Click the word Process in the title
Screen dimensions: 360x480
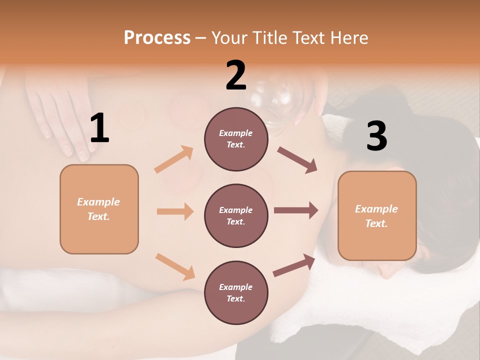(x=157, y=38)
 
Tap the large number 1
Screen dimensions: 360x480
(x=99, y=128)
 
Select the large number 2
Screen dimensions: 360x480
(x=236, y=75)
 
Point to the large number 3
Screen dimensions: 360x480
(x=376, y=136)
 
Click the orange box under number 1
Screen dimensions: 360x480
(x=99, y=209)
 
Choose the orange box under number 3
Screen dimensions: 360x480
(x=377, y=215)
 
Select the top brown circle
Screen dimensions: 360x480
(x=236, y=139)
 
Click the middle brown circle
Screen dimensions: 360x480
(x=236, y=215)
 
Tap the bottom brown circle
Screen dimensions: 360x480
(x=236, y=292)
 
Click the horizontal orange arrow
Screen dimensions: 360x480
(x=175, y=211)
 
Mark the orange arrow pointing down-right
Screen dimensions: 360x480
(x=175, y=266)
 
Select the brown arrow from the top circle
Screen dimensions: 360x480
(x=297, y=159)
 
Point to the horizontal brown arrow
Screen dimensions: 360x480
(x=296, y=210)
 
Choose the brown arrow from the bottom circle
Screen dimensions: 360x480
(x=294, y=265)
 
